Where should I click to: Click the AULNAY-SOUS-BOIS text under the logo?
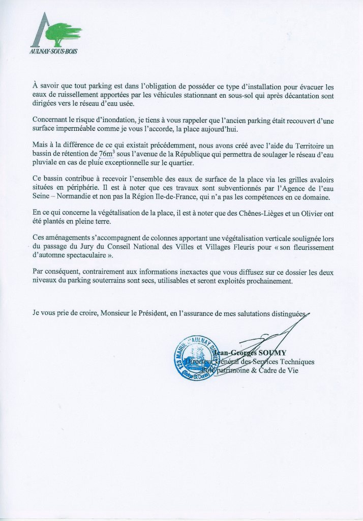(54, 52)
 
